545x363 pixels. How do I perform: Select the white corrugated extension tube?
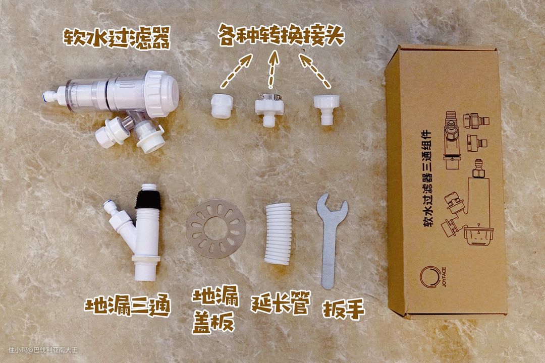point(278,233)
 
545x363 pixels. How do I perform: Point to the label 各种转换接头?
point(281,35)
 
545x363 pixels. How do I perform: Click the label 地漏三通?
point(128,305)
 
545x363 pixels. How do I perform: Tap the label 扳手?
point(344,309)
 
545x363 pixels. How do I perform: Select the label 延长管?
point(281,302)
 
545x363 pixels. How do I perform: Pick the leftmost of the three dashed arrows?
point(236,71)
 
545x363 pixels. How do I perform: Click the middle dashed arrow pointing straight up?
point(273,69)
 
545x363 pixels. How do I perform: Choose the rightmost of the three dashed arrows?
point(314,70)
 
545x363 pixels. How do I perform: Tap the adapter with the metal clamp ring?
point(268,109)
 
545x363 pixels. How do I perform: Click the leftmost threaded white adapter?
point(222,106)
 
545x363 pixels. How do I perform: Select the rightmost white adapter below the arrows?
point(326,109)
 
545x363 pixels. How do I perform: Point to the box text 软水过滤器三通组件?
point(427,178)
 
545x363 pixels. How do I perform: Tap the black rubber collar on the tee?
point(148,199)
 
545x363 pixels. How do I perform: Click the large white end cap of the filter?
point(161,93)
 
